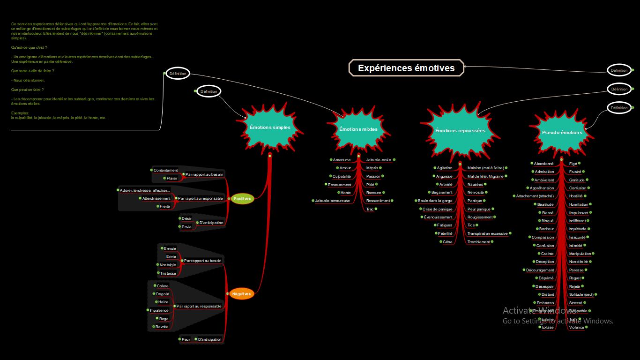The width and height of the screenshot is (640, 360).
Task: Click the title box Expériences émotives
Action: tap(406, 68)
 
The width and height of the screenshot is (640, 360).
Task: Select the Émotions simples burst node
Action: tap(270, 127)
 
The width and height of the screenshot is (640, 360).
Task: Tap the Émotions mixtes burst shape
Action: tap(358, 129)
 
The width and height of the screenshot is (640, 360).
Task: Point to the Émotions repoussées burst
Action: tap(460, 131)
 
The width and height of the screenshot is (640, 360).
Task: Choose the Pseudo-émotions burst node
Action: tap(562, 133)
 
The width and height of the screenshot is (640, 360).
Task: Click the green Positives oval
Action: tap(242, 199)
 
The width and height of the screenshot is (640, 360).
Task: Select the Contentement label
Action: tap(166, 170)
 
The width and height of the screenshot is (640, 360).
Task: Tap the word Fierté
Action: tap(165, 206)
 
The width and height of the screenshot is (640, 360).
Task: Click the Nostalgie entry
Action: tap(168, 265)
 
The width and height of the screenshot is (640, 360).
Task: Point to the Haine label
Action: tap(164, 302)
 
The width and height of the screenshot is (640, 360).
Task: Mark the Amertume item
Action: tap(342, 160)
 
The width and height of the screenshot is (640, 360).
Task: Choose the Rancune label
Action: tap(373, 193)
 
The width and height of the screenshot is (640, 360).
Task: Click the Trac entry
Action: tap(370, 209)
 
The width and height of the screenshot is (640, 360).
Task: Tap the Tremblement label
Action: tap(478, 242)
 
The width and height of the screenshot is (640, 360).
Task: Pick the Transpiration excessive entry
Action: tap(487, 233)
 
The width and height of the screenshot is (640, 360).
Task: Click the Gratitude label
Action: tap(577, 180)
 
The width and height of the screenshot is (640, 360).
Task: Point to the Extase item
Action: tap(548, 327)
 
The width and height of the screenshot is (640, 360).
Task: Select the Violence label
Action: tap(576, 327)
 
